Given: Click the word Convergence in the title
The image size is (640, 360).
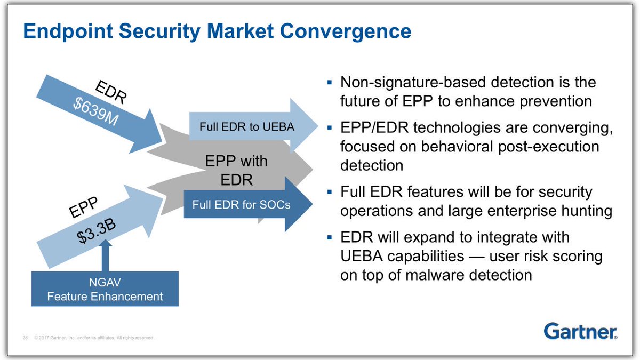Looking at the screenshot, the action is [x=346, y=31].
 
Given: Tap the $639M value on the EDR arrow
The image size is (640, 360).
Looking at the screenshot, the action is [x=95, y=111].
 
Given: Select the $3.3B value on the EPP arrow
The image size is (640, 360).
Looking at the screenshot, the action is [x=97, y=230].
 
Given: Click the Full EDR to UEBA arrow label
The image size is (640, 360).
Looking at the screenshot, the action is [x=247, y=127].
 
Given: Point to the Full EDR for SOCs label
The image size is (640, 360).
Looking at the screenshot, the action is [x=241, y=205].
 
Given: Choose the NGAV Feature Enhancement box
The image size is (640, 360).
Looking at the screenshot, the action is [x=105, y=289].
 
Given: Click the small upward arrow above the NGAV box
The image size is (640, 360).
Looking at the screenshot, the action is [x=106, y=255].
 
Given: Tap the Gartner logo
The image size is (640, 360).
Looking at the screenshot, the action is [x=580, y=331].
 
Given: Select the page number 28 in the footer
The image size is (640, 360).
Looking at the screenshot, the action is [x=25, y=338].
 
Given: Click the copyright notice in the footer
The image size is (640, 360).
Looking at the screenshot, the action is [x=94, y=338].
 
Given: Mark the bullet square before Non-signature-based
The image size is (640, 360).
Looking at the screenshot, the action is [x=330, y=83].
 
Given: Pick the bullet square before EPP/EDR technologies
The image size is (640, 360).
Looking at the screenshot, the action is [x=330, y=127].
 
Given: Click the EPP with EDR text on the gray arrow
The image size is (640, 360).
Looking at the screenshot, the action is [x=237, y=171].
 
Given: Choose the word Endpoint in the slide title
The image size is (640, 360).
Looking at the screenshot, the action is [x=68, y=31].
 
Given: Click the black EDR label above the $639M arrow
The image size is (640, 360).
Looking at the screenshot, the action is [x=110, y=92].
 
